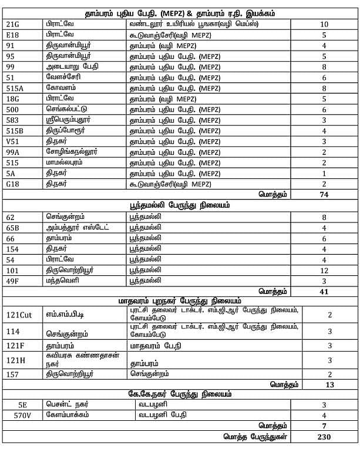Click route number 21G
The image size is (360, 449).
(x=13, y=24)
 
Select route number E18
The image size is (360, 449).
(x=13, y=35)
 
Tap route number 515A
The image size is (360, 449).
(x=15, y=88)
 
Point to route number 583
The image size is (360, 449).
(x=13, y=120)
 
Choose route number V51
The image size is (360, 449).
(x=13, y=141)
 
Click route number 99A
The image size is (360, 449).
(x=13, y=151)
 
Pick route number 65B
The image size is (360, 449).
(x=13, y=228)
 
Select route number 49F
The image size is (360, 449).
(x=13, y=281)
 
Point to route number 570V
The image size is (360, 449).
(x=23, y=415)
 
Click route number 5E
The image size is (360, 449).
(x=23, y=404)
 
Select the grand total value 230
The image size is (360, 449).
(x=324, y=437)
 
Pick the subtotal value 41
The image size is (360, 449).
(x=324, y=291)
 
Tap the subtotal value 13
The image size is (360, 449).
(x=329, y=384)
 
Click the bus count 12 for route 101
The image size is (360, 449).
(x=324, y=270)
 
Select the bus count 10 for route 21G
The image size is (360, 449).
(x=324, y=24)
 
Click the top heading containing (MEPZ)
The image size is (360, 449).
(x=180, y=13)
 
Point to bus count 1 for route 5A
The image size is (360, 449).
(x=324, y=173)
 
